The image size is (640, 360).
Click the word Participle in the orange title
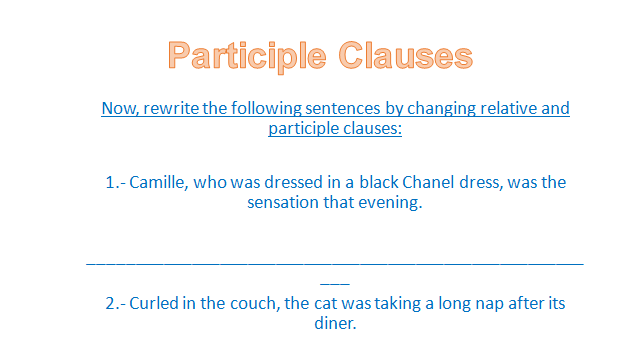tap(247, 56)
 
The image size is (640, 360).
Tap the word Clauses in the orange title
tap(405, 55)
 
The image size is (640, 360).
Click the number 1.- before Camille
tap(116, 182)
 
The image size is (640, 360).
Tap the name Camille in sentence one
tap(158, 182)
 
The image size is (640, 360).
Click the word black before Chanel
tap(379, 182)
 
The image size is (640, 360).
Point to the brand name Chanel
tap(428, 182)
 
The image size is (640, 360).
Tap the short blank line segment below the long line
tap(335, 284)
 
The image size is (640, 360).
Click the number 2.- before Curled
tap(116, 304)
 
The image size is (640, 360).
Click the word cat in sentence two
tap(326, 304)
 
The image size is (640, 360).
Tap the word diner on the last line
tap(335, 324)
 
